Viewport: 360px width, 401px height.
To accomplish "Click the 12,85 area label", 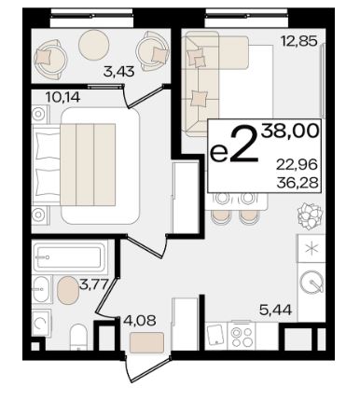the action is pos(298,41).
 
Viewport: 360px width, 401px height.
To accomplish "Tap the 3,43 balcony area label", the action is pos(119,72).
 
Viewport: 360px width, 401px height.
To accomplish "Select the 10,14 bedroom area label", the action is pos(63,98).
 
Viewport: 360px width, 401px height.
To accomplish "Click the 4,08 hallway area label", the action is pos(140,320).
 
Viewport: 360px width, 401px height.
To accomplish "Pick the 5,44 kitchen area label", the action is pos(275,310).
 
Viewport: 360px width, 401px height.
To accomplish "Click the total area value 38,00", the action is pos(290,131).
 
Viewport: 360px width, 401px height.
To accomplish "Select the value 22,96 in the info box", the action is pos(298,164).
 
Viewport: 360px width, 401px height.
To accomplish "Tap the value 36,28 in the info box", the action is pos(298,183).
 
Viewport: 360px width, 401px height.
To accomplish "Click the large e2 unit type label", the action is pos(234,146).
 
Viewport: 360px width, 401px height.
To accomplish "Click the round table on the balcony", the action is pos(94,45).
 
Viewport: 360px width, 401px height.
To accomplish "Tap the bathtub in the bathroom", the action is pos(69,256).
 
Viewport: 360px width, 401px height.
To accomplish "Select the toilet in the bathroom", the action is pos(78,338).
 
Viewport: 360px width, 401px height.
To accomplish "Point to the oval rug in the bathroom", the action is pos(68,291).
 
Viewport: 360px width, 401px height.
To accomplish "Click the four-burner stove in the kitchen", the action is pos(242,337).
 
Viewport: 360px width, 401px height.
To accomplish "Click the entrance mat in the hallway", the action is pos(146,342).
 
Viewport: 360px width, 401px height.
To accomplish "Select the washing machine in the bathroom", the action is pos(41,324).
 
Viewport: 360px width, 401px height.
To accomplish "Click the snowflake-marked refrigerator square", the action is pos(312,248).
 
